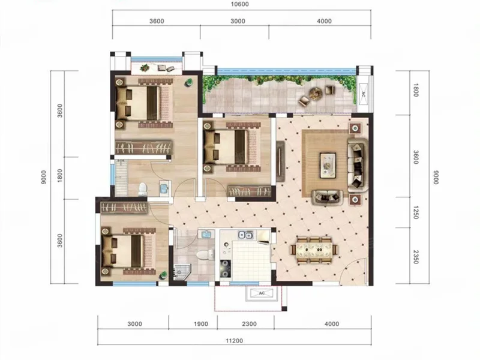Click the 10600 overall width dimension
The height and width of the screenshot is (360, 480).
point(239,4)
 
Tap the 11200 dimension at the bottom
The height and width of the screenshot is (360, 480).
point(234,341)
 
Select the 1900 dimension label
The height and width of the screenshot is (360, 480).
point(201,324)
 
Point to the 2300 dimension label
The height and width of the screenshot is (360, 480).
point(249,324)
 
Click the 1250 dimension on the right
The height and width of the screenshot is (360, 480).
point(415,212)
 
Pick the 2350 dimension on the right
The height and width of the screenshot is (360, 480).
point(415,257)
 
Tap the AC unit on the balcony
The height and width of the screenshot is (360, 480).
point(364,94)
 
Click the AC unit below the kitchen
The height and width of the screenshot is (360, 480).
point(262,293)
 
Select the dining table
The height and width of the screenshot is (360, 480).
point(314,250)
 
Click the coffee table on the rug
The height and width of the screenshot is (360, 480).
point(328,166)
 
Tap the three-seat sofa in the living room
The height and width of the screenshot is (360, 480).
point(358,165)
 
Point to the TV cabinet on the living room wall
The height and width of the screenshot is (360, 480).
point(281,161)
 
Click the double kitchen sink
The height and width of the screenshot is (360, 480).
point(245,235)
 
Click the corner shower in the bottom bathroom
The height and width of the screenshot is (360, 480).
point(182,272)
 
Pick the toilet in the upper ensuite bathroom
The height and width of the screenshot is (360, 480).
point(143,190)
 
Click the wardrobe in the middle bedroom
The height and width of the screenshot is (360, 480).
point(249,191)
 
